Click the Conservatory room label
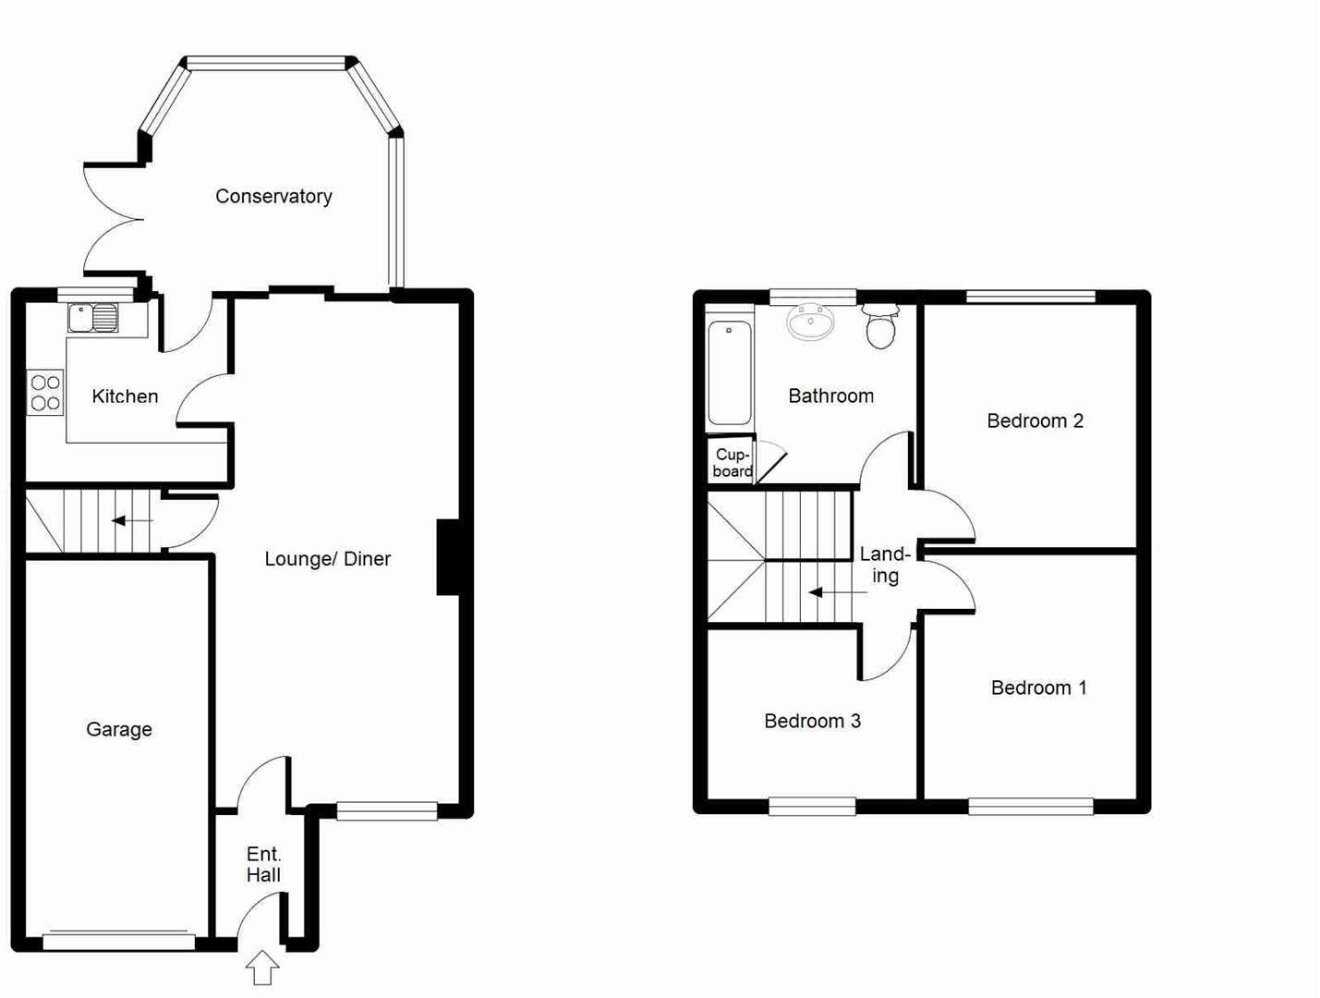pos(273,196)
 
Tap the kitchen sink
pos(92,318)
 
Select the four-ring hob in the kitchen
pos(45,393)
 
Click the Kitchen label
pos(125,396)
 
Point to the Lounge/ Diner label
pos(327,559)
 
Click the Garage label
pos(118,729)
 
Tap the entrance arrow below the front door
pos(262,968)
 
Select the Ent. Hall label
pos(263,865)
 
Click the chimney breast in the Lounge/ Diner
pos(448,557)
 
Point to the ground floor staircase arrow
pos(132,521)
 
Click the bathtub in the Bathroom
pos(730,372)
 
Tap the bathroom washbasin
pos(811,322)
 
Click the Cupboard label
pos(733,463)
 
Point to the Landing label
pos(885,565)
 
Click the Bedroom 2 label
pos(1035,421)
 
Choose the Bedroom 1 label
pos(1038,688)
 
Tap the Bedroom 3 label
pos(812,721)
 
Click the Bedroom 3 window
pos(812,807)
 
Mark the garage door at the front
pos(119,942)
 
